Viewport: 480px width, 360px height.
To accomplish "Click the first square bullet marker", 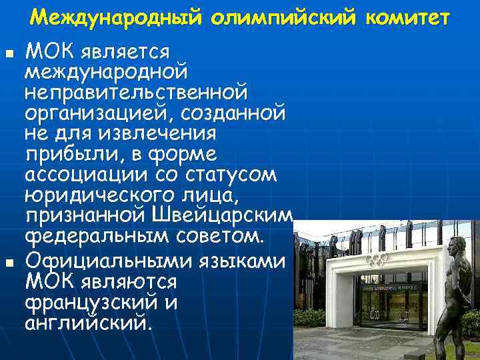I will point(8,53).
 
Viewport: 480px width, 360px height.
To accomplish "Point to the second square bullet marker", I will point(8,257).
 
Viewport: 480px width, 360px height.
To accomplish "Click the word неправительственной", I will point(136,89).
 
